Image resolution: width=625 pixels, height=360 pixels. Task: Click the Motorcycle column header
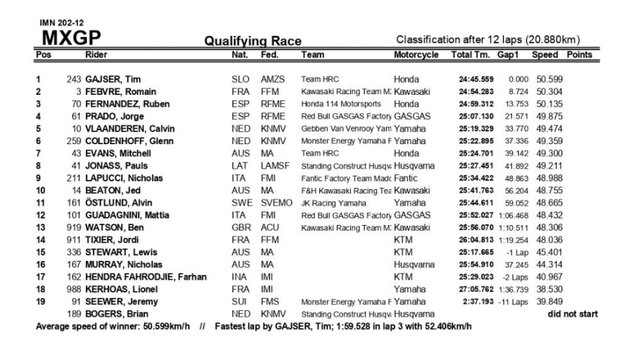(416, 55)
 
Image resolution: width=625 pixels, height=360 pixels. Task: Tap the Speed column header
(545, 55)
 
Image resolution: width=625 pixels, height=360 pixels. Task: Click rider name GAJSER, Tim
(112, 79)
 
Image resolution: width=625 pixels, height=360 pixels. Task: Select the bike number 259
(71, 141)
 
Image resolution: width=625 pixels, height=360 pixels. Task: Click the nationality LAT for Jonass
(239, 166)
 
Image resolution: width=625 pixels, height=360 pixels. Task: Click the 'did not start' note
(573, 314)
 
